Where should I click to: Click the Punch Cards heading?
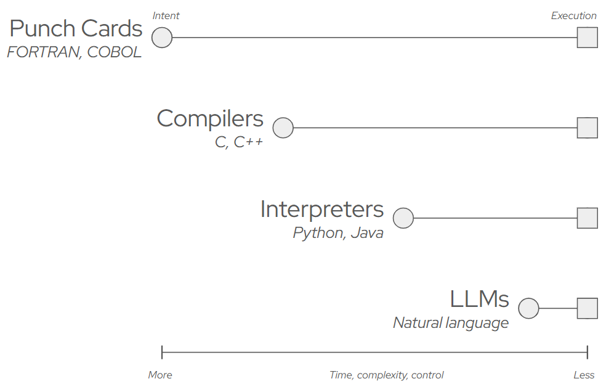pos(76,29)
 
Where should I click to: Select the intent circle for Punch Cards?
pos(162,38)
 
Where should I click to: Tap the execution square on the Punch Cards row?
pos(587,38)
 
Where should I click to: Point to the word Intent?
pos(166,15)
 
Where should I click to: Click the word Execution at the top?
pos(573,15)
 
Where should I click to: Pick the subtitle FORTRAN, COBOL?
pos(74,52)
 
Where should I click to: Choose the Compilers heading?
pos(210,118)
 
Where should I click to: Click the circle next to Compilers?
pos(283,128)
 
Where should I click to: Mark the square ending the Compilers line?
pos(587,128)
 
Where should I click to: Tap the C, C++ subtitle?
pos(238,142)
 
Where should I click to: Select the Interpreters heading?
pos(321,209)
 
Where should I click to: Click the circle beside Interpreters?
pos(403,218)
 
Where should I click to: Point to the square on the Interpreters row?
pos(587,218)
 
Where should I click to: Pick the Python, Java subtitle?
pos(338,233)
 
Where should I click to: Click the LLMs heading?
pos(479,299)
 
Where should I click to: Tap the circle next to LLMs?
pos(528,308)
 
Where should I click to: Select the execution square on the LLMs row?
pos(587,308)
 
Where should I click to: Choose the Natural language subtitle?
pos(451,323)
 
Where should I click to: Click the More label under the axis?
pos(160,375)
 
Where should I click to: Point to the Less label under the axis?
pos(584,375)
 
